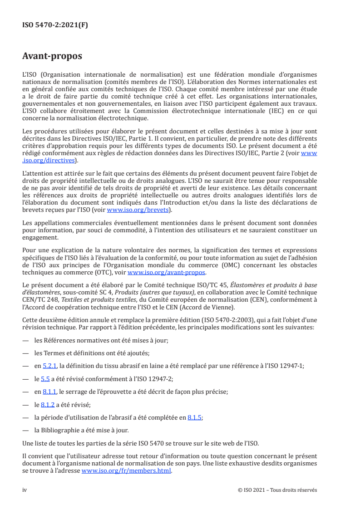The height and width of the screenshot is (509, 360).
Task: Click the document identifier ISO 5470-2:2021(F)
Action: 55,25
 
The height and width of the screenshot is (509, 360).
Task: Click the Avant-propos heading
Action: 52,56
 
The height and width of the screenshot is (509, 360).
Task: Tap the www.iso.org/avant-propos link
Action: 167,273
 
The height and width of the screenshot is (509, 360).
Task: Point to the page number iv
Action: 25,490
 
